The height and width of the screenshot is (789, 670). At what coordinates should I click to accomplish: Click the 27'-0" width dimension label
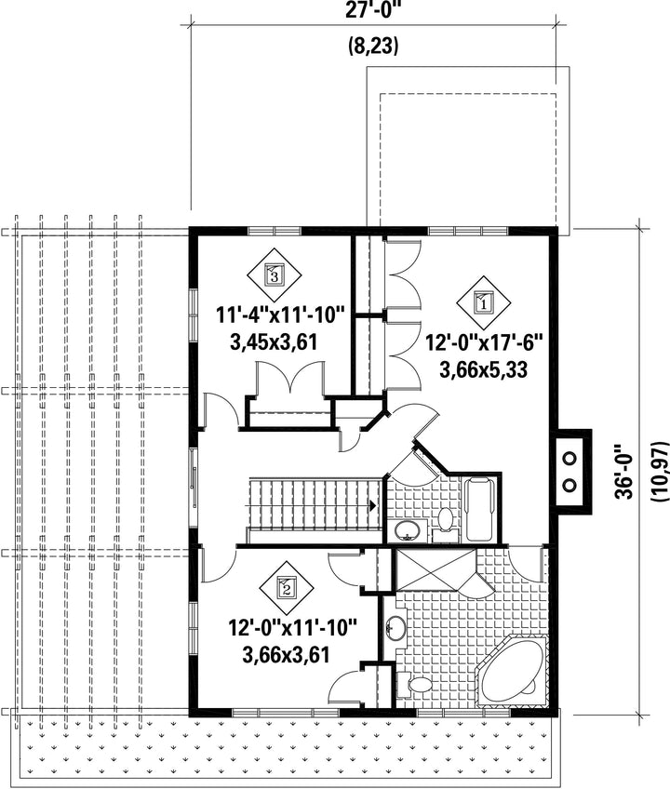pos(373,11)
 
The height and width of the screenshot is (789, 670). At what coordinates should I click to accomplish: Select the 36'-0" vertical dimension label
pos(625,472)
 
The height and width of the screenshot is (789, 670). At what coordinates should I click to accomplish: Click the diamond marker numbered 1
pos(483,303)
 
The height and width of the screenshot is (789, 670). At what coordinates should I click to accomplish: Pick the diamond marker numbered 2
pos(287,588)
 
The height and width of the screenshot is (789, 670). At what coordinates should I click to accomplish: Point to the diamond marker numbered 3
pos(274,274)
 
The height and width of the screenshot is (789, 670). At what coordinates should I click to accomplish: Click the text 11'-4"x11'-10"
pos(279,316)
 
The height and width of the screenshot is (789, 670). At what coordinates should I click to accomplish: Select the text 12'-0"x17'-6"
pos(484,344)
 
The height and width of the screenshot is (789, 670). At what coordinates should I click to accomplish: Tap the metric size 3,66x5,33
pos(484,370)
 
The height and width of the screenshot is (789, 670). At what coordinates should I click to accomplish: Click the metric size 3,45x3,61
pos(274,343)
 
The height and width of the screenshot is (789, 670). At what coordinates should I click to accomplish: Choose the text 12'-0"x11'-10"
pos(293,628)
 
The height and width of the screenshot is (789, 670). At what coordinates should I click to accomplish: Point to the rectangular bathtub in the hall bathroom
pos(480,510)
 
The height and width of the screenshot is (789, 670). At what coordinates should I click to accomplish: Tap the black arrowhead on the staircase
pos(373,505)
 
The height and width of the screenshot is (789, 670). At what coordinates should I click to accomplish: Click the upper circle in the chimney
pos(569,459)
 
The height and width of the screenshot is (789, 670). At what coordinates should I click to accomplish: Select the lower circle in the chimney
pos(569,485)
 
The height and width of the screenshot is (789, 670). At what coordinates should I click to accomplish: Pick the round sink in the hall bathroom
pos(408,530)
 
